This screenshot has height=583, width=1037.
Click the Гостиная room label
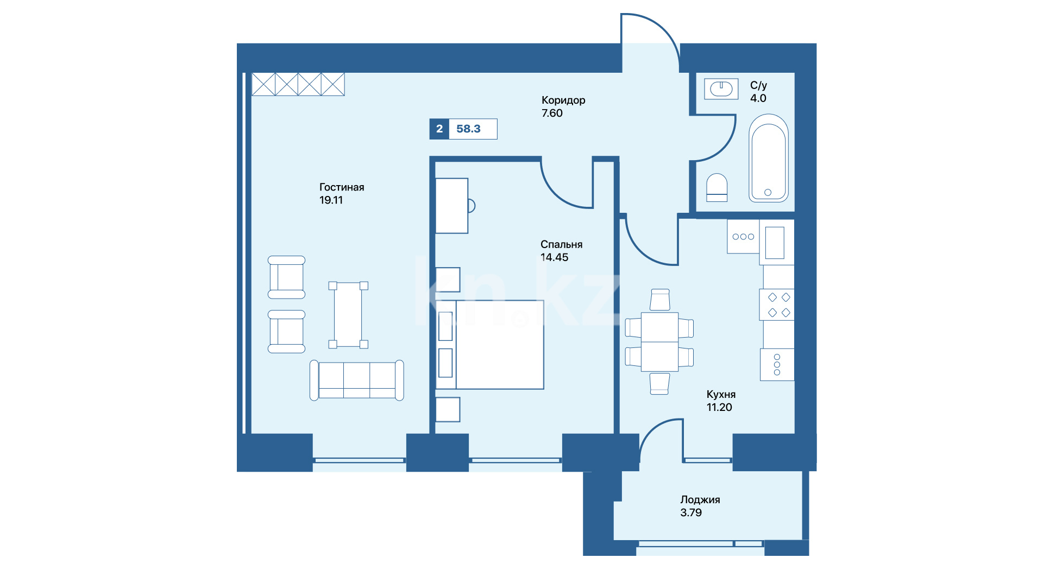(x=342, y=187)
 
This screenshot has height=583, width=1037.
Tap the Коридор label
(x=563, y=100)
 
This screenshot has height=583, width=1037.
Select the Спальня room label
(x=561, y=245)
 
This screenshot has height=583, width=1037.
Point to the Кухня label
(x=721, y=395)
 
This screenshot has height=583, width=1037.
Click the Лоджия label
(x=700, y=500)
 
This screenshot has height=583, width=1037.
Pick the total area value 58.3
(x=468, y=129)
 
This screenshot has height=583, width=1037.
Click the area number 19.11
(x=331, y=200)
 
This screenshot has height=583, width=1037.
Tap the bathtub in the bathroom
(x=769, y=158)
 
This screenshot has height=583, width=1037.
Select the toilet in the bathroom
(x=717, y=188)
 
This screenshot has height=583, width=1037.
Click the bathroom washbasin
(x=721, y=88)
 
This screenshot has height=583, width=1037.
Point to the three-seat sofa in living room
(x=356, y=380)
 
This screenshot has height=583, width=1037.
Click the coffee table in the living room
(x=348, y=315)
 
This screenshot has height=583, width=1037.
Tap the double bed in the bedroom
(x=490, y=345)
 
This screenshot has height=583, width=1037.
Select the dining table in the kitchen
(x=659, y=341)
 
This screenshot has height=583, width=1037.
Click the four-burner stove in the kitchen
(x=777, y=305)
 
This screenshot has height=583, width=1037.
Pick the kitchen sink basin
(x=775, y=243)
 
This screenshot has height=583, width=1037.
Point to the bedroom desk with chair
(x=455, y=206)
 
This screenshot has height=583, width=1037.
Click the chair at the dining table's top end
(x=660, y=300)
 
